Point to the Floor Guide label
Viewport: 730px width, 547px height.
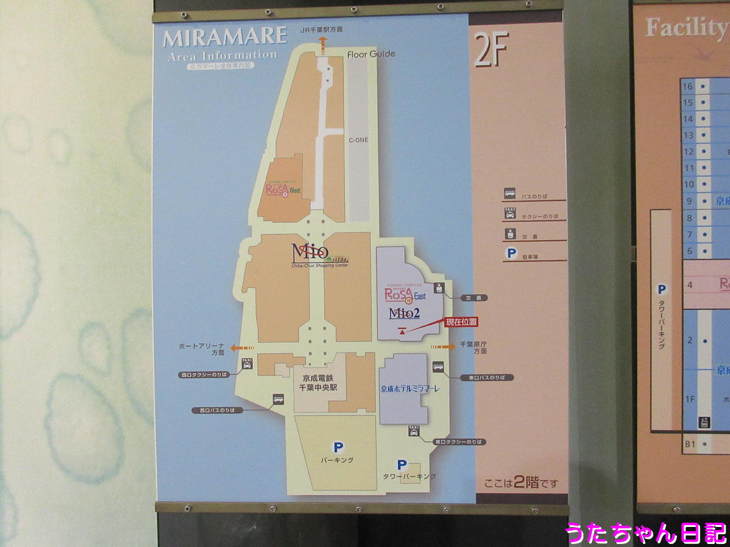pos(371,54)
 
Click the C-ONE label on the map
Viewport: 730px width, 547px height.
pos(358,140)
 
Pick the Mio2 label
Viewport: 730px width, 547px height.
pos(405,314)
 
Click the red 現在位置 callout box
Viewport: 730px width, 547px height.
pos(461,322)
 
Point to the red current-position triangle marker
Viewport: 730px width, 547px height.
pos(402,330)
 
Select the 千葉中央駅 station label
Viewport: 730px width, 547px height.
pos(320,387)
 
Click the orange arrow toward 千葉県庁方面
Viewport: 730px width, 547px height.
pos(443,346)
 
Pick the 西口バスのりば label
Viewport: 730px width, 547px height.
pos(217,410)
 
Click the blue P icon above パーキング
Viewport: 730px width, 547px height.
pos(338,447)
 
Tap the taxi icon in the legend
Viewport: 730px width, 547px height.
pos(510,213)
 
